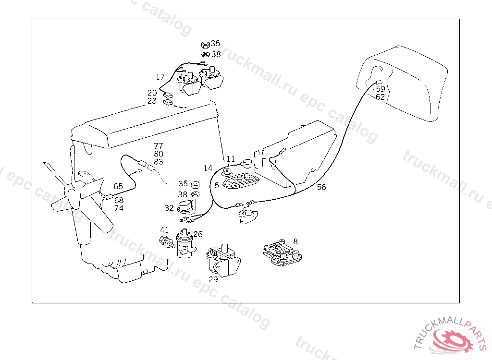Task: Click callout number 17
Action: click(x=160, y=77)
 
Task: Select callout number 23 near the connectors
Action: click(x=152, y=101)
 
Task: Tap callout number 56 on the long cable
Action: click(x=321, y=187)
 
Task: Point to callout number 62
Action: click(x=380, y=97)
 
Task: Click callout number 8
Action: click(x=295, y=241)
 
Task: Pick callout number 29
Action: click(x=213, y=279)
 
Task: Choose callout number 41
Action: click(x=164, y=230)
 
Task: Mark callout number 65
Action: click(x=118, y=186)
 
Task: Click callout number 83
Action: click(x=159, y=162)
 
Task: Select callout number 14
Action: click(x=208, y=168)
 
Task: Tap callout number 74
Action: click(x=119, y=208)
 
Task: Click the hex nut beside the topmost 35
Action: click(x=204, y=45)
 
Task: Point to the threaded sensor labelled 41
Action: click(x=166, y=241)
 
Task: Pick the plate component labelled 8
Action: click(x=282, y=253)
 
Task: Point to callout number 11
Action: click(x=231, y=159)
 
